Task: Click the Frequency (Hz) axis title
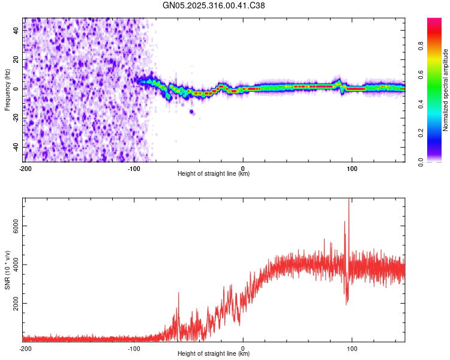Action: coord(7,89)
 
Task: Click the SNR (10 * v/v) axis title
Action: coord(7,269)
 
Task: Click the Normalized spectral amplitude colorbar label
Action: coord(446,89)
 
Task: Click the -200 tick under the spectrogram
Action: coord(25,167)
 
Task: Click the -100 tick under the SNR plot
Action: coord(134,348)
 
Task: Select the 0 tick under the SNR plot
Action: coord(243,348)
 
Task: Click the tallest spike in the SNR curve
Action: coord(349,201)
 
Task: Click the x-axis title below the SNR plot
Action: coord(214,354)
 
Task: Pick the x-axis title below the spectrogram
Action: coord(214,173)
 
